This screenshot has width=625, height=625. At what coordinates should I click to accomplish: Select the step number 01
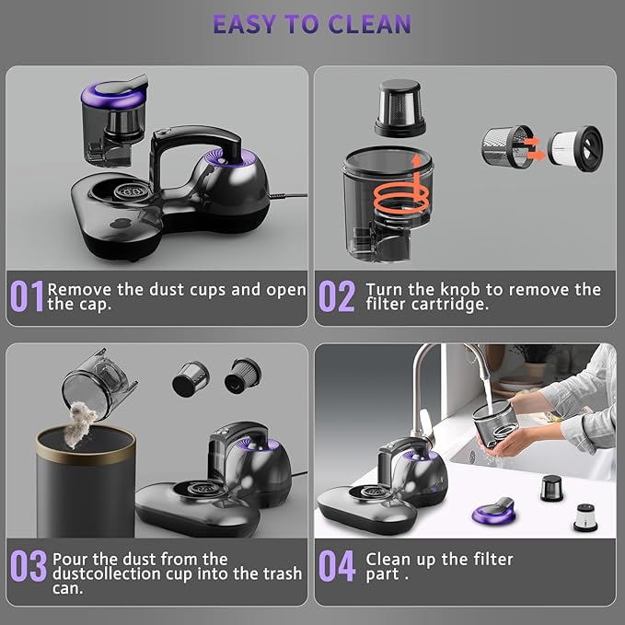tap(27, 297)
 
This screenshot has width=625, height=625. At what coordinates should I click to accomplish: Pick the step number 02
tap(337, 297)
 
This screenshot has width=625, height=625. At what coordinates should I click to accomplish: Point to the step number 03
tap(28, 566)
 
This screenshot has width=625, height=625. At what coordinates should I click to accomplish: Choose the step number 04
tap(337, 566)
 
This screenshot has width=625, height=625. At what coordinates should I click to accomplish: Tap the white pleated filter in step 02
tap(576, 145)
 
